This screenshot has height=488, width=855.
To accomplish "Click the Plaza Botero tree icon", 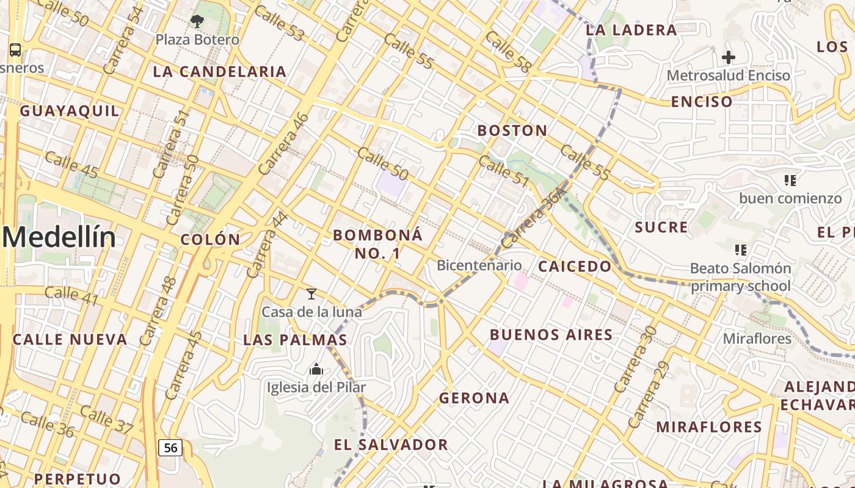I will tap(197, 22).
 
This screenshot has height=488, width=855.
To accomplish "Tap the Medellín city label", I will tap(59, 237).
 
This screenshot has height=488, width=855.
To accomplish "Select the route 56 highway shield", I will tap(170, 448).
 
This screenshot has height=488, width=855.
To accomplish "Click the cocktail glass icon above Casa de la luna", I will tap(311, 294).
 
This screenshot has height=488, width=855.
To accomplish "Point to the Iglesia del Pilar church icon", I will tap(316, 369).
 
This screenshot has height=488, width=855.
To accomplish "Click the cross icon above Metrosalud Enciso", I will tap(728, 58).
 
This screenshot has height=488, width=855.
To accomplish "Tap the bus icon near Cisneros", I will tap(15, 50).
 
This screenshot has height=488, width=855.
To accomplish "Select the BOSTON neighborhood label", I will tap(512, 131).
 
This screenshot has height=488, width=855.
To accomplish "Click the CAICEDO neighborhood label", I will tap(575, 267).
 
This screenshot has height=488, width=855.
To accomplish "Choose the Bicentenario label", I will tap(479, 265).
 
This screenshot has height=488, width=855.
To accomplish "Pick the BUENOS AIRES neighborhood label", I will tap(551, 335).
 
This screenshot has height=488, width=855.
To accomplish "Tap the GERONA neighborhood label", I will tap(474, 398).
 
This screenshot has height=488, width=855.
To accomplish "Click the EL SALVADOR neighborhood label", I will tap(391, 445).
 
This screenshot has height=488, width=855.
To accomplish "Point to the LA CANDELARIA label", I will tap(220, 72).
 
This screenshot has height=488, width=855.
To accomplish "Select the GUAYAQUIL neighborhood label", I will tap(70, 111).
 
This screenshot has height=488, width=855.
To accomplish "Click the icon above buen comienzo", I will tap(790, 181).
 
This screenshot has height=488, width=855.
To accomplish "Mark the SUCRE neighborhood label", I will tap(661, 228).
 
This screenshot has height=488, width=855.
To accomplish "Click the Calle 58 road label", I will tap(507, 51).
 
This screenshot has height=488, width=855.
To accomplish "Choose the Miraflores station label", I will tap(757, 339).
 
